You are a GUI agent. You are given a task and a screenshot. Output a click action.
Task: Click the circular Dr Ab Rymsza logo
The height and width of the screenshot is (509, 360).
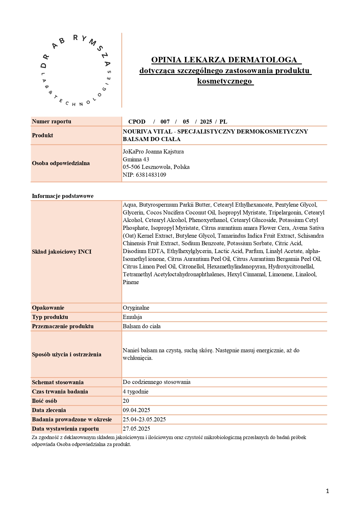click(x=76, y=71)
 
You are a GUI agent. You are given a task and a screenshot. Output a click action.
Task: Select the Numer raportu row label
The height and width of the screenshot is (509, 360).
click(x=52, y=121)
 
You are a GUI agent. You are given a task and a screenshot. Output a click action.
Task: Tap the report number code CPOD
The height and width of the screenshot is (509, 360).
click(x=137, y=122)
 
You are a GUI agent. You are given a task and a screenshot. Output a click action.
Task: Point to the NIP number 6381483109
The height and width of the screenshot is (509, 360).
click(x=151, y=175)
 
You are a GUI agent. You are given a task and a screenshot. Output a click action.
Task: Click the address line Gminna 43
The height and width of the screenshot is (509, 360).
click(x=136, y=159)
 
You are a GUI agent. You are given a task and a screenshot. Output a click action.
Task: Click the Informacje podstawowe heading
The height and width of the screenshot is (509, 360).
click(x=63, y=196)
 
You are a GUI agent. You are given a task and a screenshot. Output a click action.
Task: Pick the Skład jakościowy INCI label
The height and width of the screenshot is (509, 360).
click(x=62, y=252)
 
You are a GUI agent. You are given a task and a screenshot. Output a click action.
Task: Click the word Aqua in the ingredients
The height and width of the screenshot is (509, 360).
click(x=129, y=205)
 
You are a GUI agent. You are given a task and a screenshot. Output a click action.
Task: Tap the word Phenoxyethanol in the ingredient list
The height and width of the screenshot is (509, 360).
click(x=208, y=220)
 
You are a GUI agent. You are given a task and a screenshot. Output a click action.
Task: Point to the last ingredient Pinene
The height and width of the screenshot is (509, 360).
click(x=131, y=282)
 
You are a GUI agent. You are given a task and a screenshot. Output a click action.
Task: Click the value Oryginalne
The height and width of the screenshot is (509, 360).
click(x=136, y=308)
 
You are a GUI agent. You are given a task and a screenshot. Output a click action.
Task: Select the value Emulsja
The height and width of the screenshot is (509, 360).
click(x=132, y=317)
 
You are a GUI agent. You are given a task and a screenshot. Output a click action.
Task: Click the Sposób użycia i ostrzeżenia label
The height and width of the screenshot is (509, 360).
click(x=66, y=354)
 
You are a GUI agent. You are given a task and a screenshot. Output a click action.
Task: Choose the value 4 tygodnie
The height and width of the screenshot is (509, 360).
click(x=136, y=391)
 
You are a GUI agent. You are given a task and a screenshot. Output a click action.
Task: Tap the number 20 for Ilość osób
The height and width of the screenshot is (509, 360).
click(x=126, y=401)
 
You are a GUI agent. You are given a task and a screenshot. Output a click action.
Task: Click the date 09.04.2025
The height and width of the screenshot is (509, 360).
click(x=136, y=410)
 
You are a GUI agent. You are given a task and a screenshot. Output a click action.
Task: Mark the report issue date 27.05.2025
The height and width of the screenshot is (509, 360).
click(x=136, y=429)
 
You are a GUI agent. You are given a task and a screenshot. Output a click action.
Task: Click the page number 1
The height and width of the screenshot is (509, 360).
click(x=327, y=491)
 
